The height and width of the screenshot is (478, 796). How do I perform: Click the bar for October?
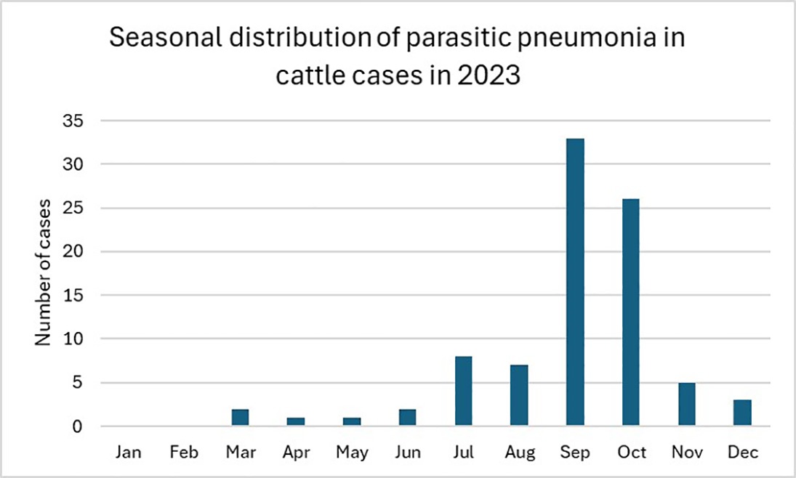(x=631, y=312)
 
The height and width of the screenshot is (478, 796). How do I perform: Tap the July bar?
(x=464, y=391)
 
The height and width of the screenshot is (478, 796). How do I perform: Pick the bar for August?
(x=519, y=395)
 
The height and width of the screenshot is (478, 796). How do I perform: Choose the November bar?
(x=687, y=404)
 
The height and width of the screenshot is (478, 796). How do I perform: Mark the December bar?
(x=742, y=413)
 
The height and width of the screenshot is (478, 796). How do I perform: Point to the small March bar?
(x=240, y=417)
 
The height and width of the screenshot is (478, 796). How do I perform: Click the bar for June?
(x=408, y=417)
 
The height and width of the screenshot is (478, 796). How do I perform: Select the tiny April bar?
(x=296, y=421)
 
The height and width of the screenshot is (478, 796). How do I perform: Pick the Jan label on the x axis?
(x=129, y=453)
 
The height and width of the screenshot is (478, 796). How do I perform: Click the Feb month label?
(x=184, y=453)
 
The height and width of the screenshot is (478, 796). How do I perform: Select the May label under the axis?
(x=352, y=453)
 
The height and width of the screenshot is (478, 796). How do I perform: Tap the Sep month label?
(x=575, y=453)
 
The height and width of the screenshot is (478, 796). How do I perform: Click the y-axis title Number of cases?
(x=44, y=271)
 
